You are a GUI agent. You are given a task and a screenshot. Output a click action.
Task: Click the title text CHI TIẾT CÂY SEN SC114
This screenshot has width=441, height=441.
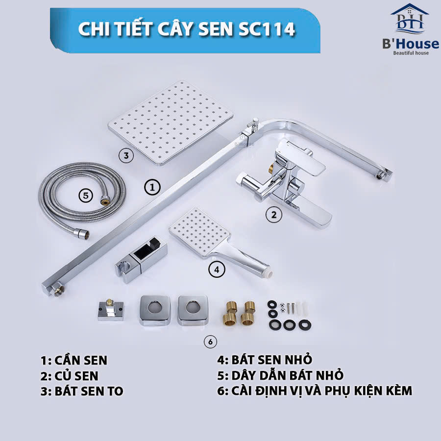point(187,29)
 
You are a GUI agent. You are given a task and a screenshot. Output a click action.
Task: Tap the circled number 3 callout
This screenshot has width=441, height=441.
point(126,156)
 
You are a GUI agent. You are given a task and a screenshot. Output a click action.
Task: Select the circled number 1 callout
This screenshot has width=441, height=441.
point(152,187)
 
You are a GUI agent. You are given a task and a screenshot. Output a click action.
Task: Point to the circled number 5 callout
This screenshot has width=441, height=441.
point(86,195)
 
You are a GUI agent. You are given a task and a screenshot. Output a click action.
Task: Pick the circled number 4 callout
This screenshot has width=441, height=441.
point(216,269)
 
